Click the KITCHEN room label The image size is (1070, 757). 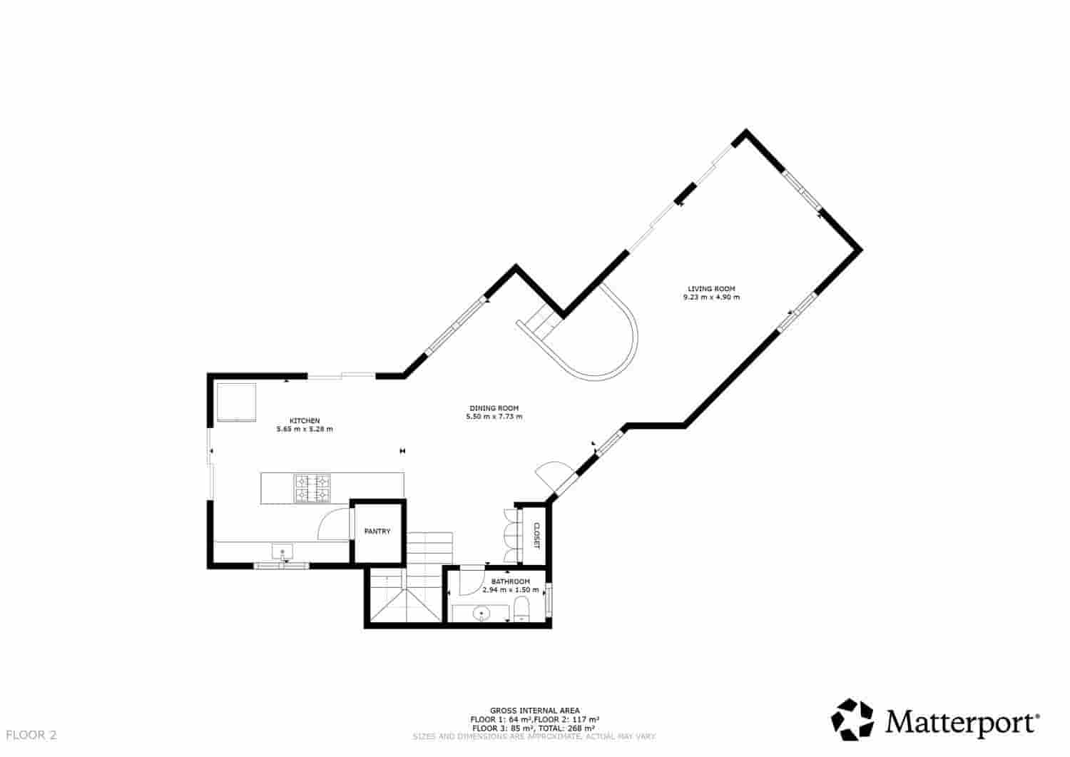(304, 420)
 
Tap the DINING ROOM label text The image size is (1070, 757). (494, 407)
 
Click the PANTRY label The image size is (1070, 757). (377, 532)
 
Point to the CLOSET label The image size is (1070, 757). (536, 535)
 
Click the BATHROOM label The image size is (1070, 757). (510, 581)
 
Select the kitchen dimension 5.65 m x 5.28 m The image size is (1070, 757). (304, 430)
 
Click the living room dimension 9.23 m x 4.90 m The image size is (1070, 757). (711, 298)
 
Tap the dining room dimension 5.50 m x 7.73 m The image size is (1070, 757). (494, 417)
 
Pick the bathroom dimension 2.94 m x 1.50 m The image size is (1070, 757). (510, 590)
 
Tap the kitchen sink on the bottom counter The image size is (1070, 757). (282, 552)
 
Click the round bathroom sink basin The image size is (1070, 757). (483, 612)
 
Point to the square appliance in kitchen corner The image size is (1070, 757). (235, 402)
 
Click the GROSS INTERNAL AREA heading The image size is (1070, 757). (534, 711)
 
